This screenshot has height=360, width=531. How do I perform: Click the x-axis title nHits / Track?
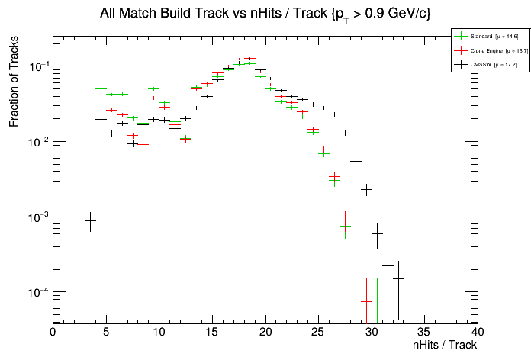(x=445, y=346)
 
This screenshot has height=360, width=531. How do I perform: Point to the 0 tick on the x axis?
(x=53, y=333)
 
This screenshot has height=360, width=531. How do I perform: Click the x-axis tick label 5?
(x=106, y=333)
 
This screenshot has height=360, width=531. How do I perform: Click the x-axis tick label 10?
(x=159, y=333)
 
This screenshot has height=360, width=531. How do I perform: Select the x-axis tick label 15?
(x=212, y=333)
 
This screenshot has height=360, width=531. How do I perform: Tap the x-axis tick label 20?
(x=265, y=333)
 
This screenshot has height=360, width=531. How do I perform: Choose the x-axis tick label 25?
(x=318, y=333)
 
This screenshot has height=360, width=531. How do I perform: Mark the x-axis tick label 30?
(x=372, y=333)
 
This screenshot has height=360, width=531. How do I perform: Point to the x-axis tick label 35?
(x=424, y=333)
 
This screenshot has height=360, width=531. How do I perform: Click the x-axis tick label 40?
(x=478, y=333)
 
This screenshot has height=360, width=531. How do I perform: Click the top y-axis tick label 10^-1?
(x=38, y=67)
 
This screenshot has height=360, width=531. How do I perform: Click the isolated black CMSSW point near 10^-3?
(x=90, y=220)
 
